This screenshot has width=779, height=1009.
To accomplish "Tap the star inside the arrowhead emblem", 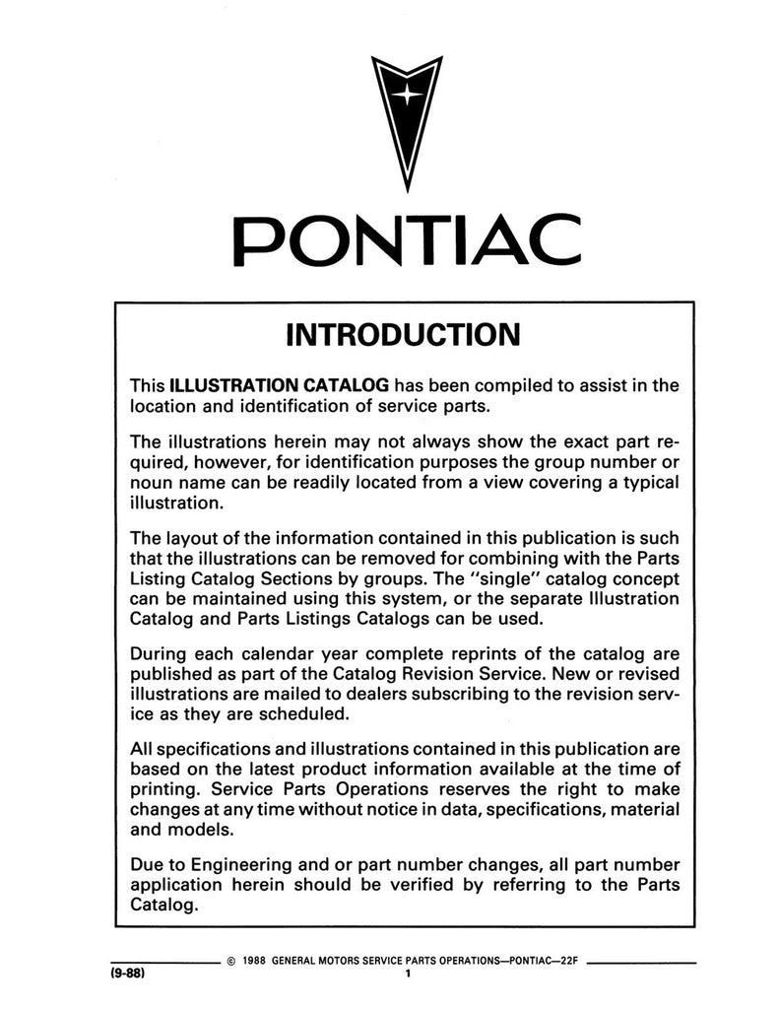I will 406,96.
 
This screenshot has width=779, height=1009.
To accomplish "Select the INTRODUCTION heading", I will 403,335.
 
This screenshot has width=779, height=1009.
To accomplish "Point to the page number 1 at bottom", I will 406,975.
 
